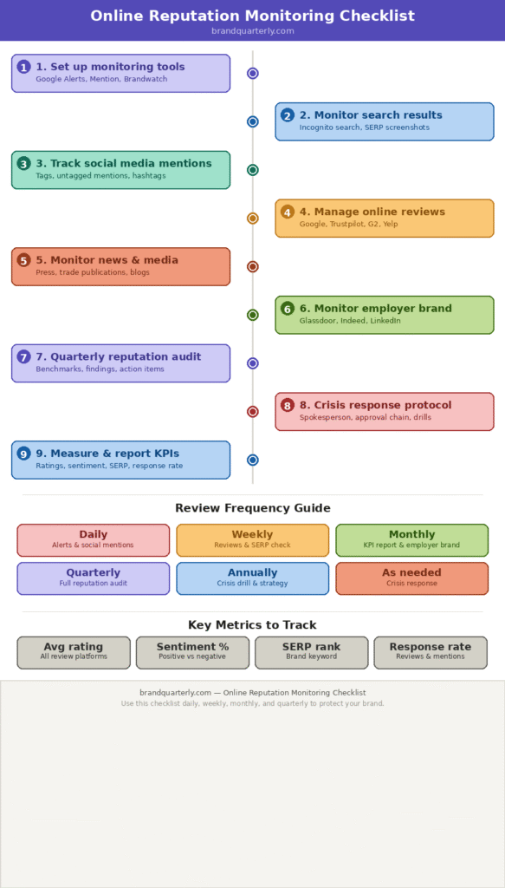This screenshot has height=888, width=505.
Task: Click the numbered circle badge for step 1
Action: point(23,67)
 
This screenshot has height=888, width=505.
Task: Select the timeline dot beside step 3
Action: point(253,170)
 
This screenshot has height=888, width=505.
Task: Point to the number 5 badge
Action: point(23,260)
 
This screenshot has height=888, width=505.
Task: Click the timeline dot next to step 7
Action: point(253,363)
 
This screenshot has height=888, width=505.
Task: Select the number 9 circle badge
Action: point(23,454)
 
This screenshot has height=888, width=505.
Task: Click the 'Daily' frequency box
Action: point(94,539)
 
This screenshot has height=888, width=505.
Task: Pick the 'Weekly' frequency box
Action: point(252,539)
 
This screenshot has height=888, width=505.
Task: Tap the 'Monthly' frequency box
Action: point(411,539)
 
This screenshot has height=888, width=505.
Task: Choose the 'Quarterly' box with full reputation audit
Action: point(94,578)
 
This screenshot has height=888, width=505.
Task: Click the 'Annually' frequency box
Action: point(252,578)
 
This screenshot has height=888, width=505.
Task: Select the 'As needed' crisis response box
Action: point(411,578)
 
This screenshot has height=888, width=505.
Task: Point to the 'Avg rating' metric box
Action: point(74,652)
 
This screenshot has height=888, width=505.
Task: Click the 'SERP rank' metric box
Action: point(311,652)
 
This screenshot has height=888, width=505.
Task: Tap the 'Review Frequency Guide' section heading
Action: point(252,508)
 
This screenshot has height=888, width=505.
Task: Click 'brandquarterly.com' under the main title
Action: point(252,31)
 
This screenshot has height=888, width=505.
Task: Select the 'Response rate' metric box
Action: point(431,652)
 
